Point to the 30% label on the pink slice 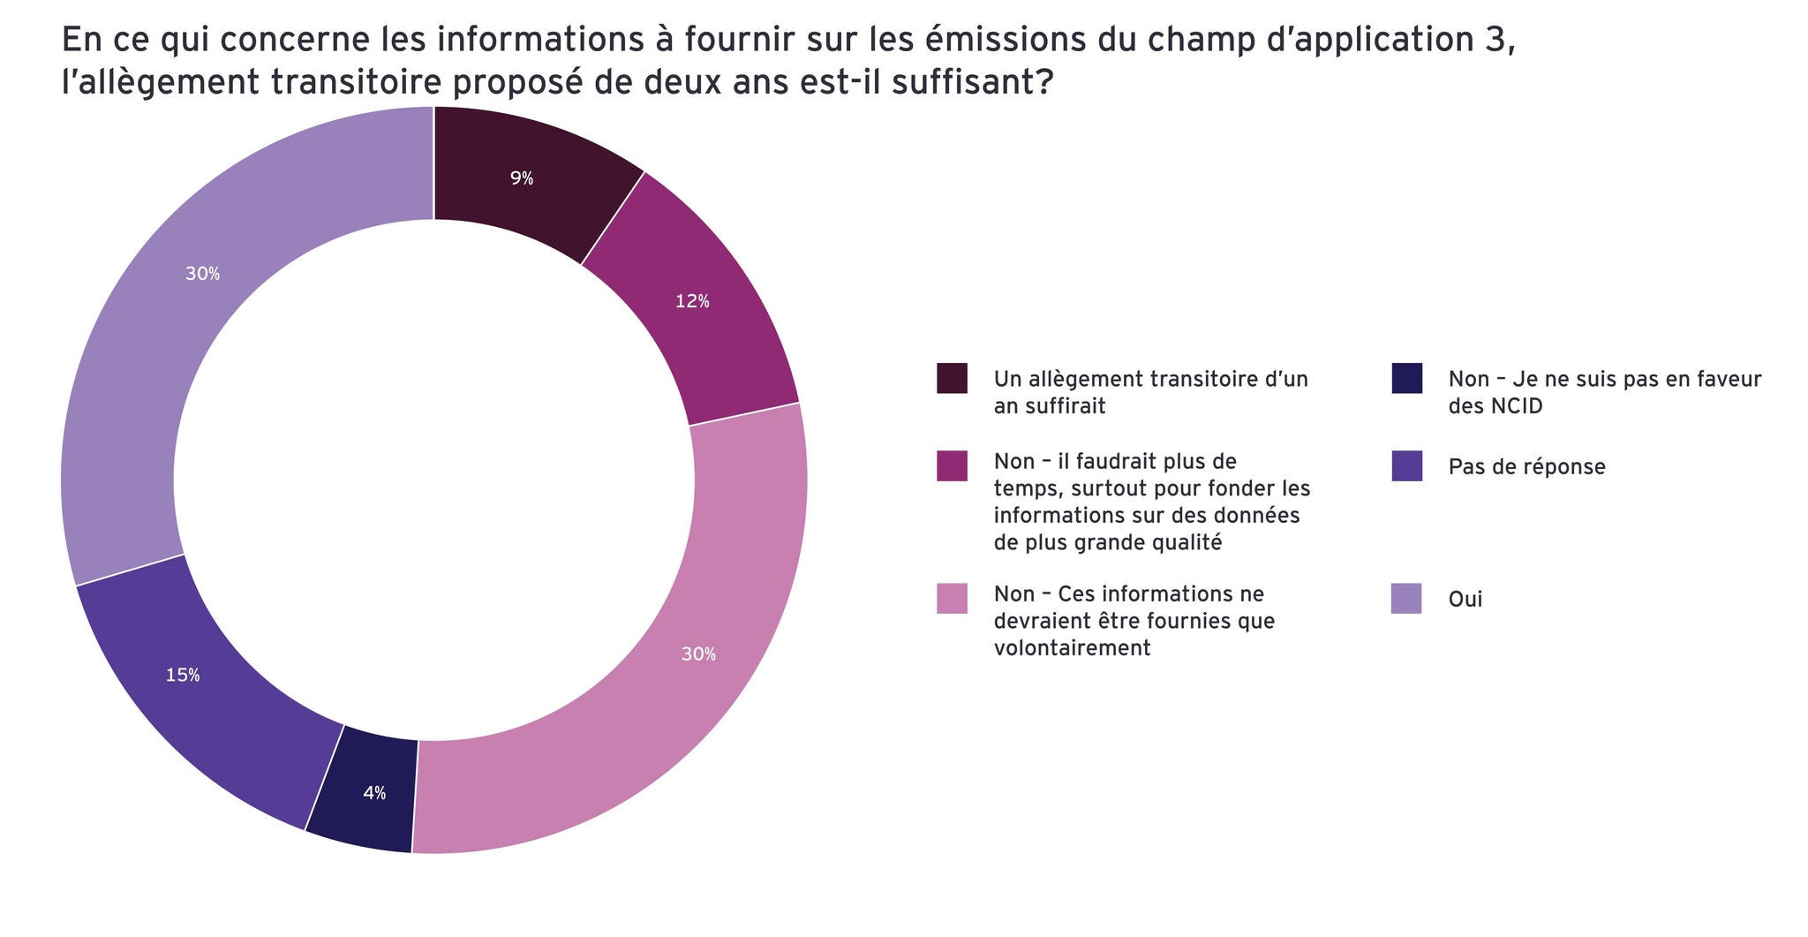pos(698,654)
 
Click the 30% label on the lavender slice pos(202,274)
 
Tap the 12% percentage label pos(692,302)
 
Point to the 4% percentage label pos(374,793)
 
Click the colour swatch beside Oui pos(1406,599)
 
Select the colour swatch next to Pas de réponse pos(1406,466)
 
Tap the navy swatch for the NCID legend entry pos(1406,378)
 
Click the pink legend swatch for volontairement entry pos(952,598)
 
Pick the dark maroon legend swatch pos(952,378)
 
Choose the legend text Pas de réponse pos(1526,467)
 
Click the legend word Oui pos(1465,600)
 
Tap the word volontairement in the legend pos(1072,648)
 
